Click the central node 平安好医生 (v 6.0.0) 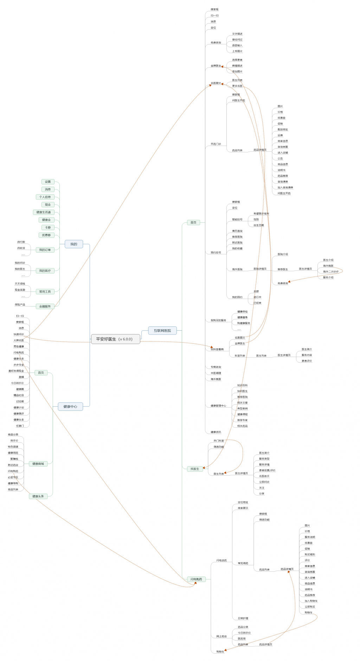115,339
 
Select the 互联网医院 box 162,331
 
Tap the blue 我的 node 73,244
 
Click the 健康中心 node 70,407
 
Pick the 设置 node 48,182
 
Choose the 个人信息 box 45,197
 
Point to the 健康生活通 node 44,212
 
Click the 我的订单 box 45,250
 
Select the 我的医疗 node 45,271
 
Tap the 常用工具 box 45,292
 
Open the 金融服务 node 45,306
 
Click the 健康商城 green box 38,464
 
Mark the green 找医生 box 195,469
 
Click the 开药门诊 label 216,144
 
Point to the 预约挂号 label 216,253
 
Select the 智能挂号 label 237,220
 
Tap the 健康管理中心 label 218,406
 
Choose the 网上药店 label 221,636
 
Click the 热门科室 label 219,441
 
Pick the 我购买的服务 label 218,320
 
